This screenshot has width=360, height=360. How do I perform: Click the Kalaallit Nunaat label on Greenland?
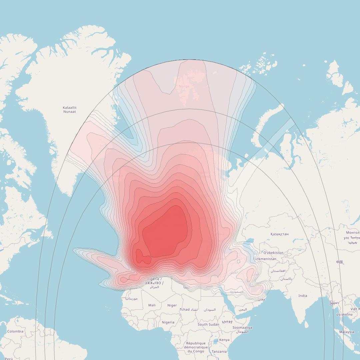click(70, 110)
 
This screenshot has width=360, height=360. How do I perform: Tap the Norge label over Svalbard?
click(184, 86)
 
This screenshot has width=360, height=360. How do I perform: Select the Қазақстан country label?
click(279, 234)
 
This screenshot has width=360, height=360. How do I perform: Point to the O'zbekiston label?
click(273, 253)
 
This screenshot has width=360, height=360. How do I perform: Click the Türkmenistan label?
click(265, 259)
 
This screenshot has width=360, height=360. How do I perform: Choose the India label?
click(303, 296)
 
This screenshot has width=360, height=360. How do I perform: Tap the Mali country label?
click(152, 305)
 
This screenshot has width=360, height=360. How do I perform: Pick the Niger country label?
click(172, 305)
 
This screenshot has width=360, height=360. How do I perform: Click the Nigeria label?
click(168, 322)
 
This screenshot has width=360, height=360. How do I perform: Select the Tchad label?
click(185, 309)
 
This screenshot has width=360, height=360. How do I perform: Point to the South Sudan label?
click(208, 324)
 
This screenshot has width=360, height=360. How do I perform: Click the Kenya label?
click(224, 340)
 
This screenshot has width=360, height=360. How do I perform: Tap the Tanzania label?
click(219, 351)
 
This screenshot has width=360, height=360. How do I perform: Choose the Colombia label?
click(15, 331)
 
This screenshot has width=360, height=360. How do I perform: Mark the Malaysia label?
click(347, 332)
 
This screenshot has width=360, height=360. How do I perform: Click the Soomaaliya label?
click(242, 328)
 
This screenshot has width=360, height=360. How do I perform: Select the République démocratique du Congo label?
click(196, 347)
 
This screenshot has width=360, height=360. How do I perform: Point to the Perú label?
click(9, 359)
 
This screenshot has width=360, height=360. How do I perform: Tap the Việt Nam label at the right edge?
click(355, 309)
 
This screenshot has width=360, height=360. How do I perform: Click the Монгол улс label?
click(352, 235)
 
